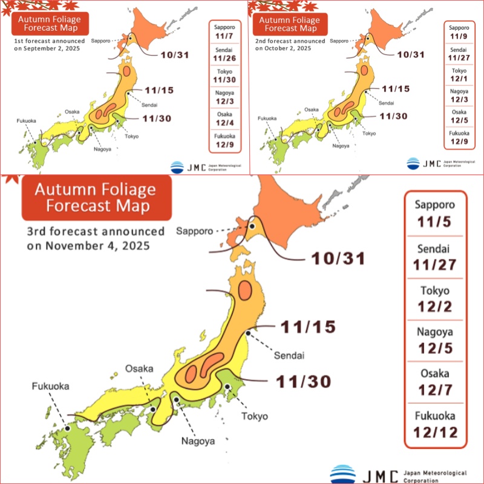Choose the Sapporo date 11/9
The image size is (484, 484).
click(459, 37)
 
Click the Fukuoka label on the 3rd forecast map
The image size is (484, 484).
click(51, 386)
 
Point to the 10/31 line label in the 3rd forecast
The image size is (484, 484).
click(338, 258)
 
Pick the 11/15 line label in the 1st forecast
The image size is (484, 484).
click(160, 91)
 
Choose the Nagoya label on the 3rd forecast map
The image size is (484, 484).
click(198, 441)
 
